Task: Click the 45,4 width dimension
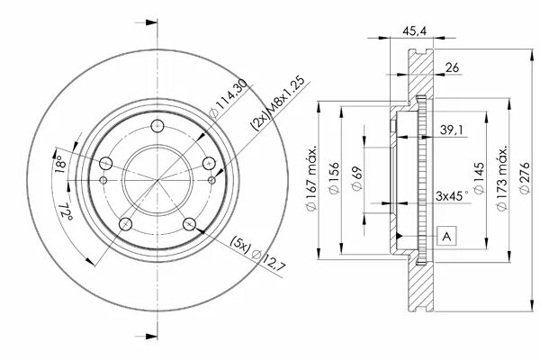coord(414,31)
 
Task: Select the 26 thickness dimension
coord(452,67)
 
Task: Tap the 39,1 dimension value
coord(452,130)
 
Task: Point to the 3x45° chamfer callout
coord(452,195)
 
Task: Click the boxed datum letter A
coord(446,236)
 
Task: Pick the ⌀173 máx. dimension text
coord(502,178)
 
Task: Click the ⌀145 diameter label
coord(479,178)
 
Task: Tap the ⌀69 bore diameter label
coord(356,178)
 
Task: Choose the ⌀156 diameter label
coord(334,178)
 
